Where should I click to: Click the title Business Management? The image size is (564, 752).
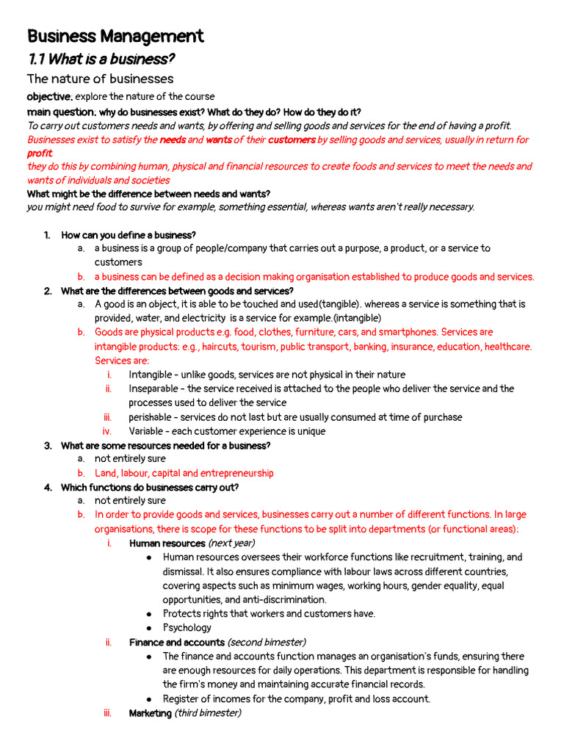115,36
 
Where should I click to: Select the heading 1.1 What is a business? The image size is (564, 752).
101,59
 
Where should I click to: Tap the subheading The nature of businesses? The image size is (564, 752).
100,79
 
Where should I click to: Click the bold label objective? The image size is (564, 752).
49,97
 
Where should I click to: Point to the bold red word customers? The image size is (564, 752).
291,140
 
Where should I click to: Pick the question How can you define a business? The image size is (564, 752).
129,235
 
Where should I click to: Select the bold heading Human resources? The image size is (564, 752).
167,543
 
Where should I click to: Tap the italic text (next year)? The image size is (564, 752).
231,543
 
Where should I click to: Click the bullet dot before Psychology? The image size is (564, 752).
149,628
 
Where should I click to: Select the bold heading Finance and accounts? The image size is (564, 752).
176,643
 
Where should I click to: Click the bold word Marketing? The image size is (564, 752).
150,714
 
